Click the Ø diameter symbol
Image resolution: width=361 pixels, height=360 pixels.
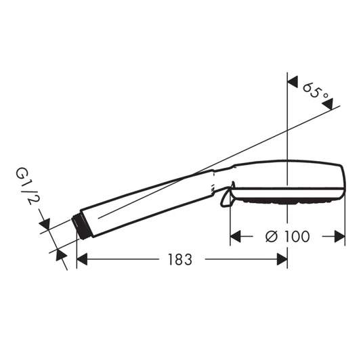coord(270,236)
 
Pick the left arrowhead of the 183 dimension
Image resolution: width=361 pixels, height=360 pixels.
coord(83,259)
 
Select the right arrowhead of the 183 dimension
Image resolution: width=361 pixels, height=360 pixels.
coord(282,259)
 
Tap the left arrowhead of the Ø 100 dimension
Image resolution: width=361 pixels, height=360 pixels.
coord(236,236)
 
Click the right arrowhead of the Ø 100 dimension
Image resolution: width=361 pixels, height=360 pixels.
coord(341,236)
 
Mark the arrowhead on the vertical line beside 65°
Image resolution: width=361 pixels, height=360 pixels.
coord(293,81)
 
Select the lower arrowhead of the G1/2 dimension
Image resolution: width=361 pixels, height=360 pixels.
coord(61,254)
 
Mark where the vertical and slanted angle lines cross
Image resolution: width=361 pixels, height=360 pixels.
coord(288,129)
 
